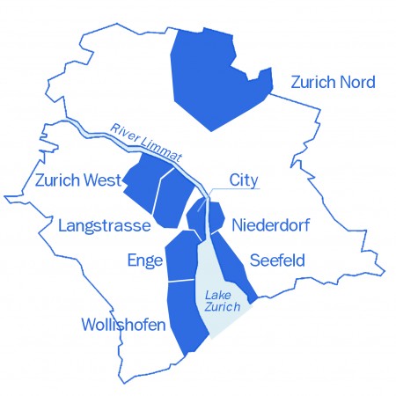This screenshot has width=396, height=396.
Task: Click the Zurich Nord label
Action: tap(333, 83)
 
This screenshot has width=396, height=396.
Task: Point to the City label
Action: tap(245, 180)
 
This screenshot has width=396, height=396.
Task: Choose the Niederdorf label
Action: tap(270, 226)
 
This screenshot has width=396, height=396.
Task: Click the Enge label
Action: tap(144, 260)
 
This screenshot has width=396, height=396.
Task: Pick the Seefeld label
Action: tap(277, 260)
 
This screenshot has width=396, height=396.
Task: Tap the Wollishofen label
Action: tap(123, 326)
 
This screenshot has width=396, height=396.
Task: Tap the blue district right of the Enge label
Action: tap(184, 255)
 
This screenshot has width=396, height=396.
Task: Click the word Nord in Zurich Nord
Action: tap(356, 83)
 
